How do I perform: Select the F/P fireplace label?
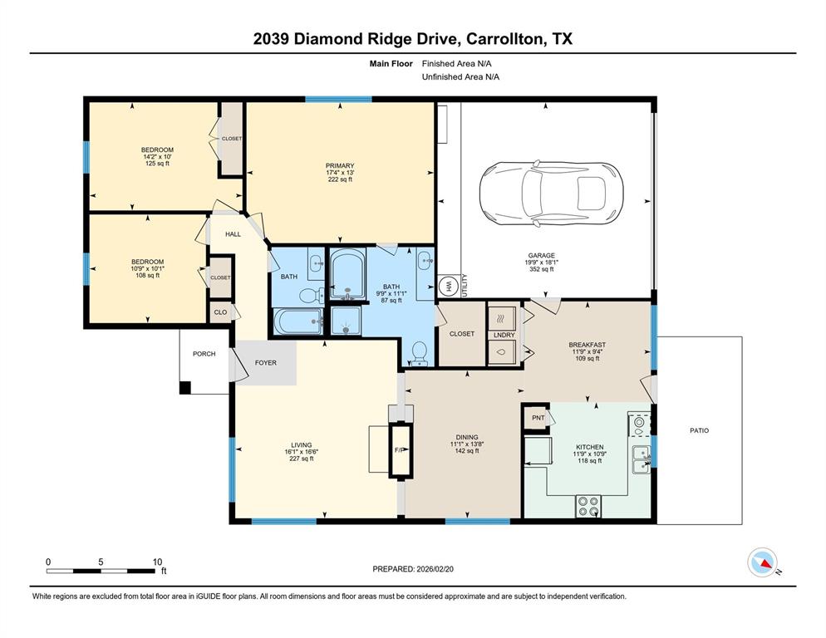pos(399,450)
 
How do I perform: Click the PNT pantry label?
pos(537,418)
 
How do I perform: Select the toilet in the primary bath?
pos(419,353)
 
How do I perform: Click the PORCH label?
pos(204,354)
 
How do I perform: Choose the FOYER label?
pos(265,363)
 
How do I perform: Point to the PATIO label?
pos(699,430)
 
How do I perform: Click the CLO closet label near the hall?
pos(220,312)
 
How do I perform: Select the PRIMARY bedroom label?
pos(339,166)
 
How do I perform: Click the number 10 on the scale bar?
pos(157,562)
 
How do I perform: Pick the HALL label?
pos(233,234)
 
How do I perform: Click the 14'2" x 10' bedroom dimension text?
pos(156,157)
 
